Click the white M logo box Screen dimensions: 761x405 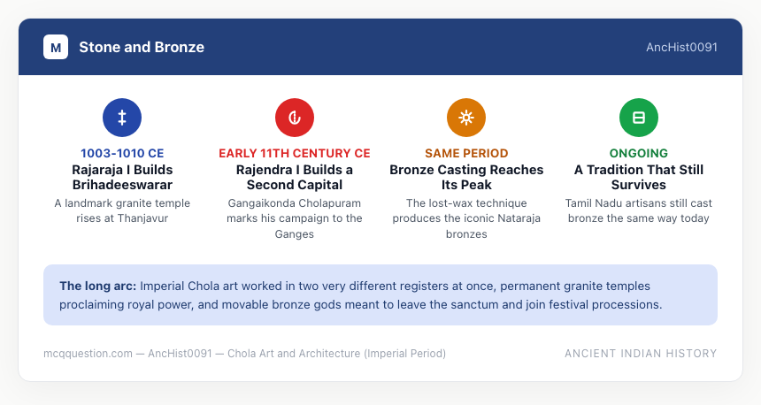click(56, 47)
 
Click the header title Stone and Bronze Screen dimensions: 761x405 click(142, 47)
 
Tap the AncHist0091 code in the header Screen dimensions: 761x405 click(681, 47)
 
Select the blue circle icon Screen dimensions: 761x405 click(122, 118)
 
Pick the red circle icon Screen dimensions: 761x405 click(295, 118)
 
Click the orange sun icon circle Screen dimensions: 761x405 click(466, 118)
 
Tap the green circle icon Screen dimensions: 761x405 click(639, 118)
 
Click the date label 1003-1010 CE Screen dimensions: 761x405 click(122, 153)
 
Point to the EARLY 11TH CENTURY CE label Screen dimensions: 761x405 click(295, 153)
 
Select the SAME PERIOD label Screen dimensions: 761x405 click(466, 153)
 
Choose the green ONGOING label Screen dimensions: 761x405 click(639, 153)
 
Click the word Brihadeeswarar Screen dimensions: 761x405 click(122, 185)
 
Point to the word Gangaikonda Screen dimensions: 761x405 click(258, 203)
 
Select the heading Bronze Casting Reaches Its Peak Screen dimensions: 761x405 click(466, 177)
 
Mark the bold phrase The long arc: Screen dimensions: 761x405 click(98, 287)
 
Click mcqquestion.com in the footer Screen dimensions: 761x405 click(88, 354)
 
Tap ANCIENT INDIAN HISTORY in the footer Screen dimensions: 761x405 click(641, 354)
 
